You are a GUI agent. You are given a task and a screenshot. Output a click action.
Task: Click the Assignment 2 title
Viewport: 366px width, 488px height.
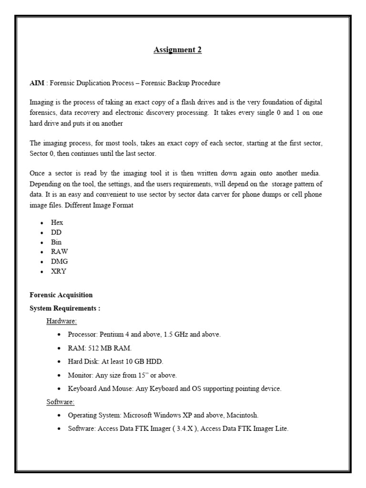[177, 50]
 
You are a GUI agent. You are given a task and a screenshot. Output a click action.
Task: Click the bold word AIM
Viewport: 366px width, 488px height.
[37, 83]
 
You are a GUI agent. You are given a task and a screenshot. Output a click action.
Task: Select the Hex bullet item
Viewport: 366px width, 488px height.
[57, 223]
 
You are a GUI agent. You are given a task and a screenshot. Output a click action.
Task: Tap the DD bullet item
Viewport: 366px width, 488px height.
[56, 232]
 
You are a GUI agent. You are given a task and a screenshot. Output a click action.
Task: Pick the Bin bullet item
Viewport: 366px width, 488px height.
[56, 242]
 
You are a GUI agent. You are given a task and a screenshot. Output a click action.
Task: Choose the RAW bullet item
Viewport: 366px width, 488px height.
[59, 252]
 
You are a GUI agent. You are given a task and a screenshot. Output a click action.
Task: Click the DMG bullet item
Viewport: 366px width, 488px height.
[59, 261]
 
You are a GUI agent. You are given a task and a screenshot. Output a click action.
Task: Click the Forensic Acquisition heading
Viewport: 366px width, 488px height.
[61, 295]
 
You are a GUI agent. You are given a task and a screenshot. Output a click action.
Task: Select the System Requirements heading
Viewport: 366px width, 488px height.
[65, 308]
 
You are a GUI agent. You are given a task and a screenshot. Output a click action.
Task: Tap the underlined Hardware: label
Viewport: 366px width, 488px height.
[61, 321]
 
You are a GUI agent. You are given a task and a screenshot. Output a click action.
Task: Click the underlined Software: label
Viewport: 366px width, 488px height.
[61, 402]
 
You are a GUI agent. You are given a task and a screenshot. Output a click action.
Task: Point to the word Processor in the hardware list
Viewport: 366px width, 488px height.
[82, 335]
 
